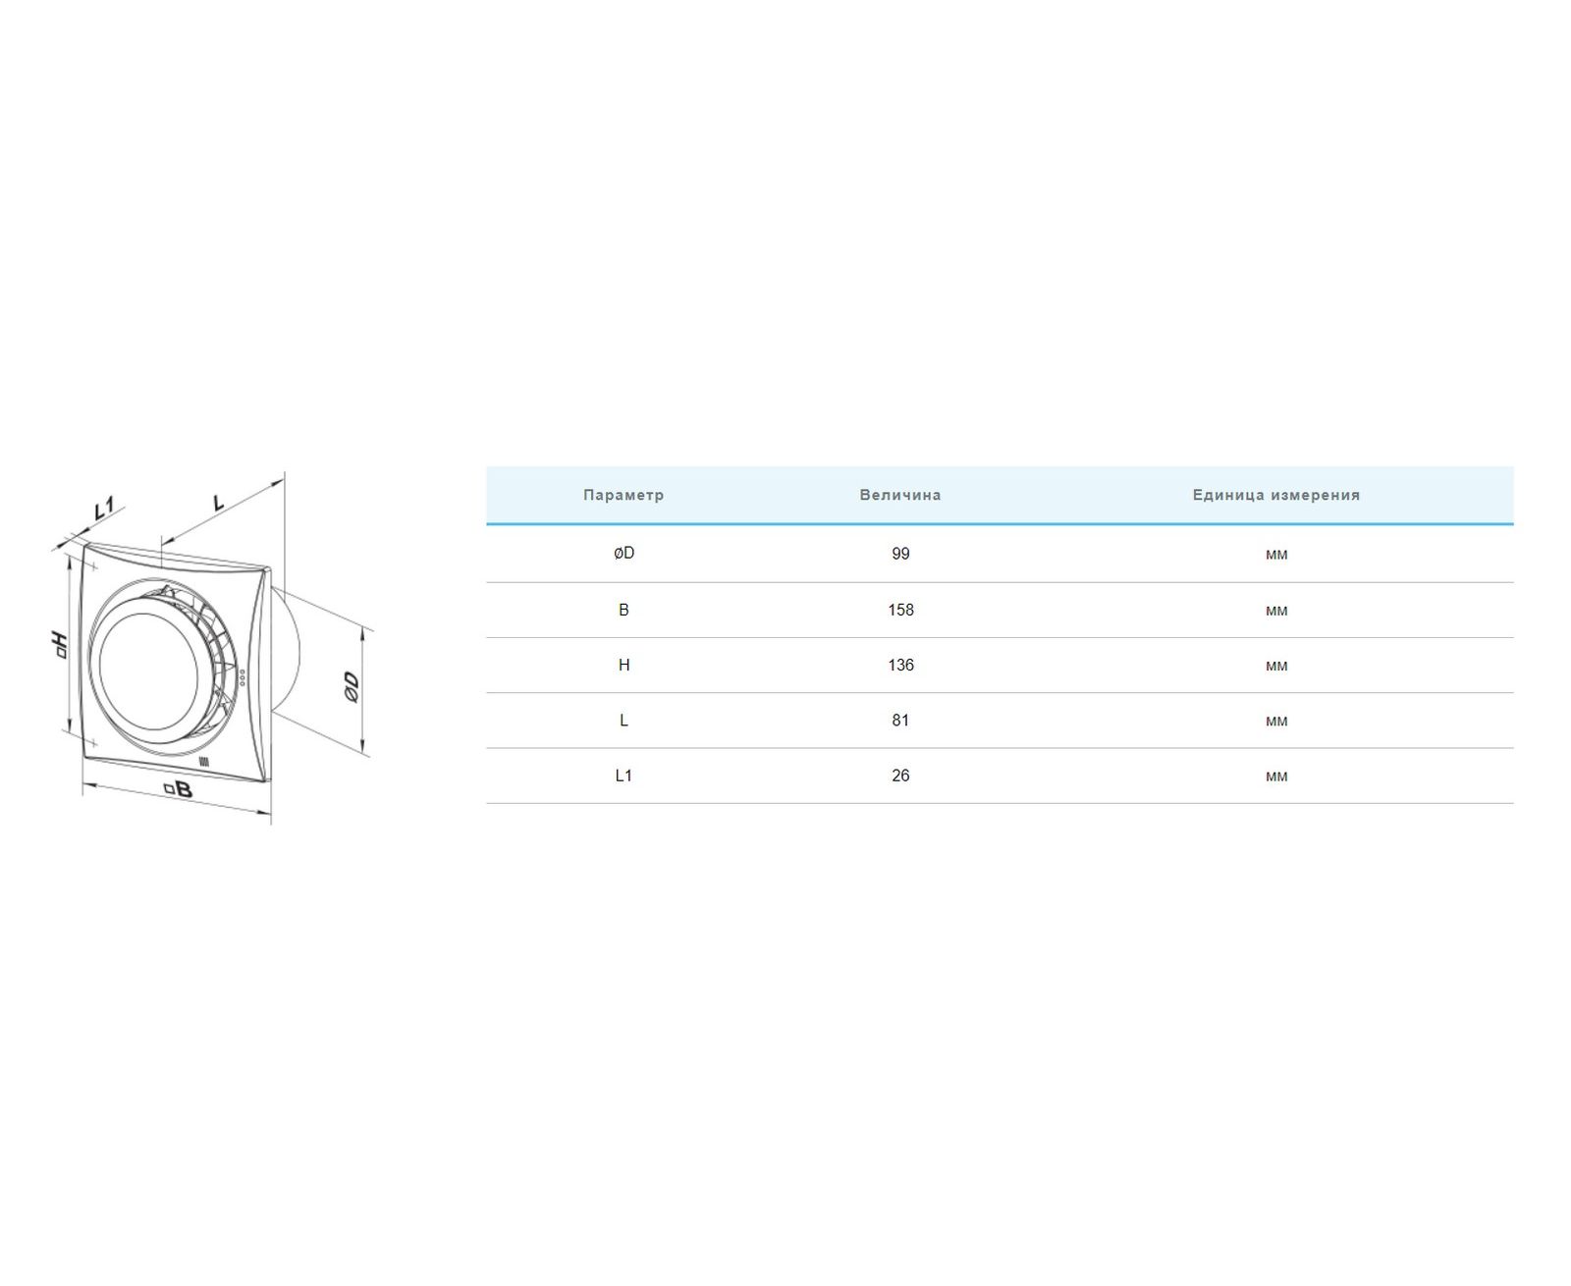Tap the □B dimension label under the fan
coord(178,789)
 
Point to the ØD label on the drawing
coord(352,687)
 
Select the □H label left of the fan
coord(60,645)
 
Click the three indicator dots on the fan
coord(241,676)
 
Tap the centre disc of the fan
coord(148,663)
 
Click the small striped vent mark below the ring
coord(204,761)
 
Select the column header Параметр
coord(623,495)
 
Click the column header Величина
coord(899,495)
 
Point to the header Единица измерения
coord(1275,495)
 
